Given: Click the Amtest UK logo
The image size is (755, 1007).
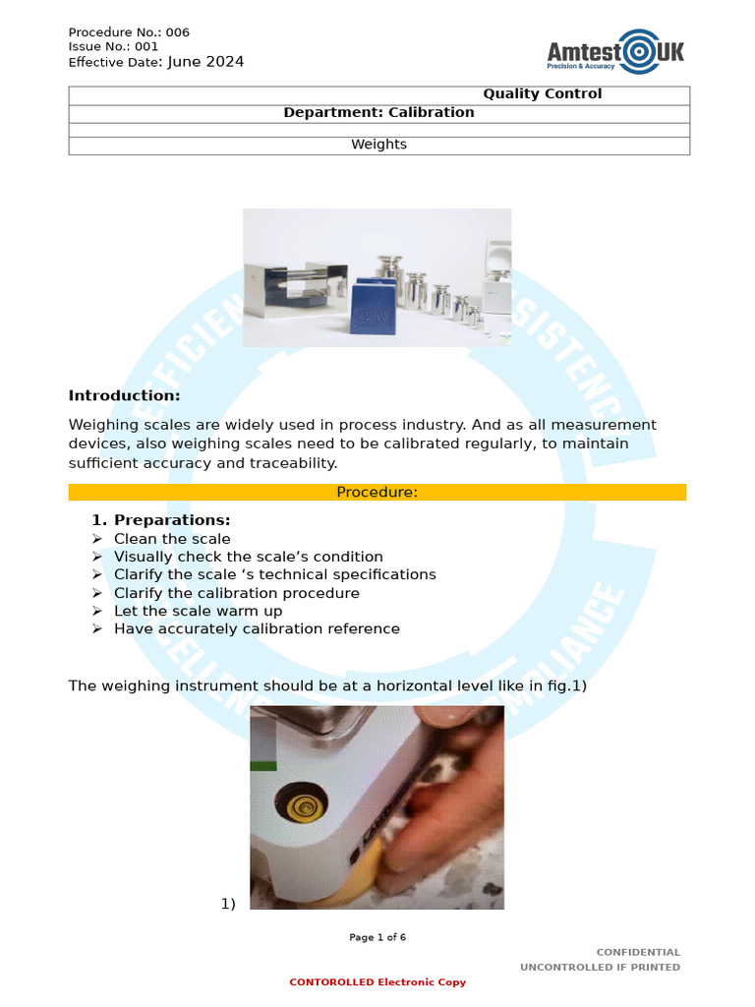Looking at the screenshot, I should [615, 51].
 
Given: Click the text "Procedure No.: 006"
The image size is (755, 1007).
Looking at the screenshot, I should [129, 32].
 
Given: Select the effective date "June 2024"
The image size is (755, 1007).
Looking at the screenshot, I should [205, 62].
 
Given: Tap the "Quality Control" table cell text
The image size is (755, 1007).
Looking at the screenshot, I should [542, 94].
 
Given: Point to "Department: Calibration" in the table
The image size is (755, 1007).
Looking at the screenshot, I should [378, 112].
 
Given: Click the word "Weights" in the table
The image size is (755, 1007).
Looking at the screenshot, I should [378, 145].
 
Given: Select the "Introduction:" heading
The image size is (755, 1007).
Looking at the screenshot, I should [124, 395].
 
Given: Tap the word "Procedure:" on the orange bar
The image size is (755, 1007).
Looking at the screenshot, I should [377, 493].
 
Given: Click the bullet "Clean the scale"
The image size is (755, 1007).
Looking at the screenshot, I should [172, 539].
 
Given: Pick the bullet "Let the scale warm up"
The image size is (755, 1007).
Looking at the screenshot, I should [198, 611].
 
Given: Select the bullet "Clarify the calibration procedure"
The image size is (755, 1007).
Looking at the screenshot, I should [236, 593].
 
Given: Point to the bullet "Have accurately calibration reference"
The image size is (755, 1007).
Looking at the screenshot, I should [257, 628].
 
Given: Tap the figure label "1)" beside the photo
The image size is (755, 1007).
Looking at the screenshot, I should [228, 904].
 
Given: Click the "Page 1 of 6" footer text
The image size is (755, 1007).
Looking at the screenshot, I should [377, 937].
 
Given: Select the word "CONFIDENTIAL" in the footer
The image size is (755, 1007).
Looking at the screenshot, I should [638, 952].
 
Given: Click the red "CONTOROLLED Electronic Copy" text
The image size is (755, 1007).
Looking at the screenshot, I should [377, 982].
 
